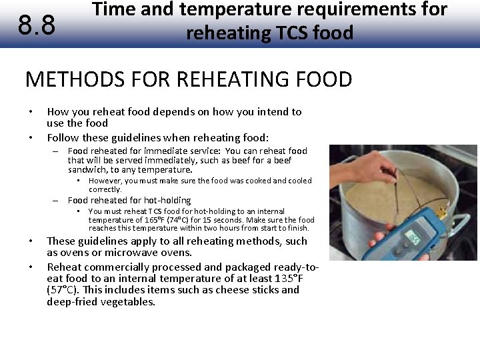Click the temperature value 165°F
[164, 219]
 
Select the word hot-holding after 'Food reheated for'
[167, 200]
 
